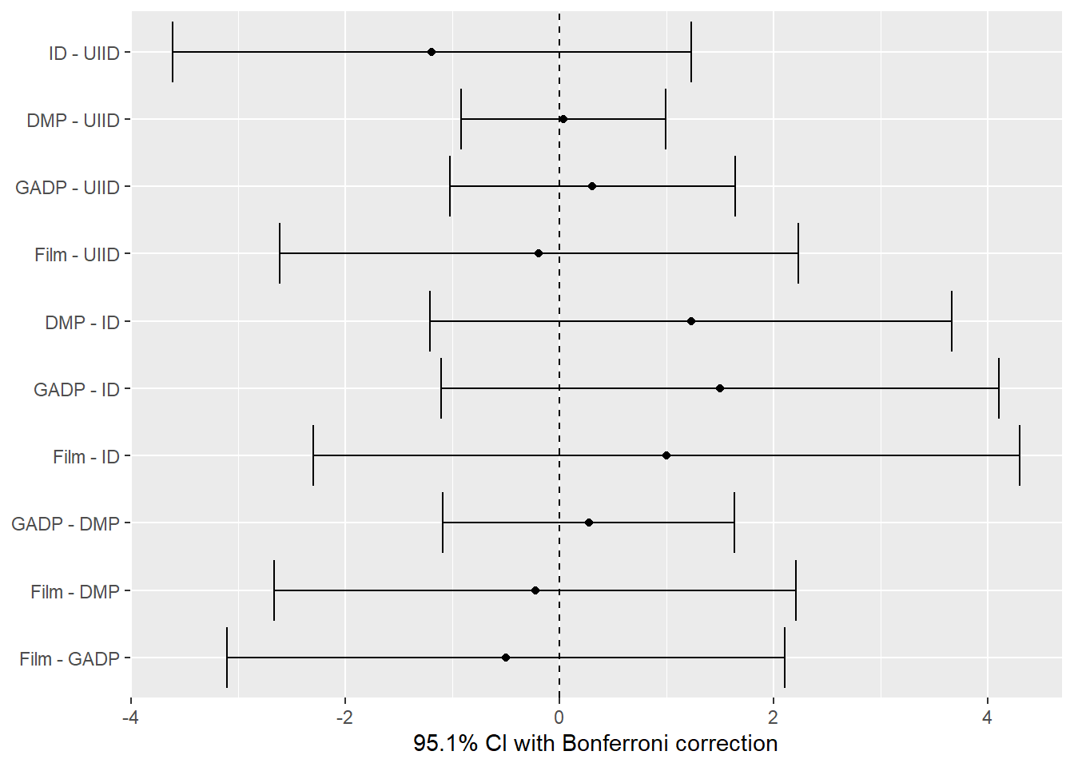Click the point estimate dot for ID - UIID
point(432,52)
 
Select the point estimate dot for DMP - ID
point(691,321)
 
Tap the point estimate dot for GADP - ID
point(720,388)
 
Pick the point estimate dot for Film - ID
point(666,455)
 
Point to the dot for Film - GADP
point(506,658)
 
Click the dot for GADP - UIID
point(592,186)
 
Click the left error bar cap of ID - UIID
point(173,52)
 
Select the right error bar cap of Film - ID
point(1020,455)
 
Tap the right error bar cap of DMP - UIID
point(666,119)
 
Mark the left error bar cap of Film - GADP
point(227,658)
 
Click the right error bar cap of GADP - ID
point(999,388)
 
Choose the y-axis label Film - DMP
point(75,592)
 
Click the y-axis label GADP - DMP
point(66,524)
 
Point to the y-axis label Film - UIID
point(77,255)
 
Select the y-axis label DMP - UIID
point(73,121)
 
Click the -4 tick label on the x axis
point(130,717)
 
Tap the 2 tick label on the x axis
point(773,717)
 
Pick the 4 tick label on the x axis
point(987,717)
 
